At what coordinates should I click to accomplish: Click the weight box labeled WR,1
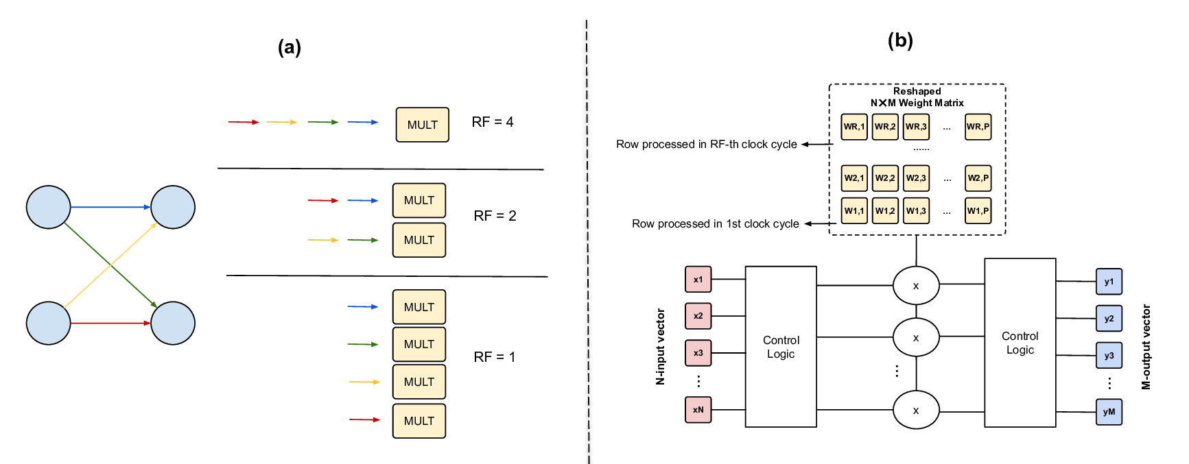point(854,127)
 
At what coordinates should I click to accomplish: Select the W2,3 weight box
point(916,178)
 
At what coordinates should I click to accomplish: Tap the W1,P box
point(978,211)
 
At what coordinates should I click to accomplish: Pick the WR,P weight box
point(978,127)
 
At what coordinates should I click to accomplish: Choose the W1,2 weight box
point(885,211)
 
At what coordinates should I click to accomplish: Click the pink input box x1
point(698,280)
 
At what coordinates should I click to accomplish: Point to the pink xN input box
point(698,410)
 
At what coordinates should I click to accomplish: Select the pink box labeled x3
point(698,353)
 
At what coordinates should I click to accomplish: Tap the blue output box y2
point(1109,319)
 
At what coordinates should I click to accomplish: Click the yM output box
point(1109,412)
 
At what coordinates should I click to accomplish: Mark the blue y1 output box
point(1109,282)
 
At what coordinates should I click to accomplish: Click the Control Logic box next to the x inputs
point(781,347)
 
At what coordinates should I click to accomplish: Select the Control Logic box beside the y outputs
point(1020,343)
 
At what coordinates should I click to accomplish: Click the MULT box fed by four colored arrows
point(422,125)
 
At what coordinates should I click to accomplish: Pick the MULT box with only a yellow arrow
point(419,382)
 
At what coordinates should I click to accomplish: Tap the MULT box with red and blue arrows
point(419,200)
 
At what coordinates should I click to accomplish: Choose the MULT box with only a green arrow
point(419,344)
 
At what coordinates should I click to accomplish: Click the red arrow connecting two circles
point(110,323)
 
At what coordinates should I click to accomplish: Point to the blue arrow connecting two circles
point(110,207)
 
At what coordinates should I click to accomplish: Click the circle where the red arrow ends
point(173,323)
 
